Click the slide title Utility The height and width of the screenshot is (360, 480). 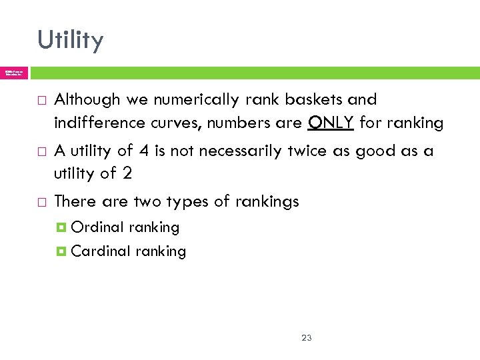(x=71, y=40)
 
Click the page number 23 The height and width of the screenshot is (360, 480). (x=307, y=338)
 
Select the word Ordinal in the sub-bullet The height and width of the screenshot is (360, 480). (x=97, y=227)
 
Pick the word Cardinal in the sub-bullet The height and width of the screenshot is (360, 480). (x=101, y=251)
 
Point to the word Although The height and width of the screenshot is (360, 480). (x=87, y=100)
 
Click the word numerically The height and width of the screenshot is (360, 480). (x=189, y=100)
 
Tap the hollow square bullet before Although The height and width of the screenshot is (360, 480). (x=42, y=101)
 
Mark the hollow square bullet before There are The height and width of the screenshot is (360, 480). (x=42, y=202)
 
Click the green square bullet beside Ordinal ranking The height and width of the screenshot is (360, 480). (x=62, y=228)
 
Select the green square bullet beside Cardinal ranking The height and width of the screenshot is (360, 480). (x=62, y=252)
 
